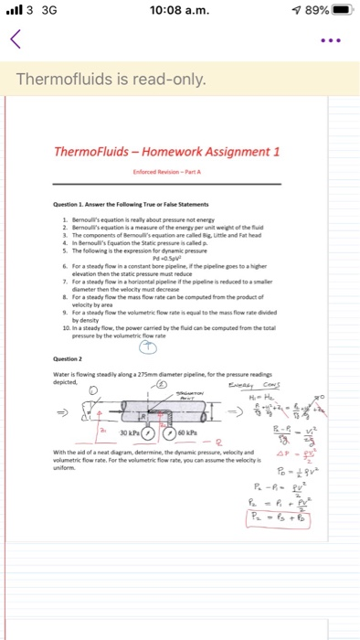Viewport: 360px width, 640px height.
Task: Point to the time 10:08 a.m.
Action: [179, 10]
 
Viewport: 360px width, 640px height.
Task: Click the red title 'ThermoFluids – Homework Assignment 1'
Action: [179, 152]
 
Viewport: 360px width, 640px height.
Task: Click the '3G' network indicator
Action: [39, 10]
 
